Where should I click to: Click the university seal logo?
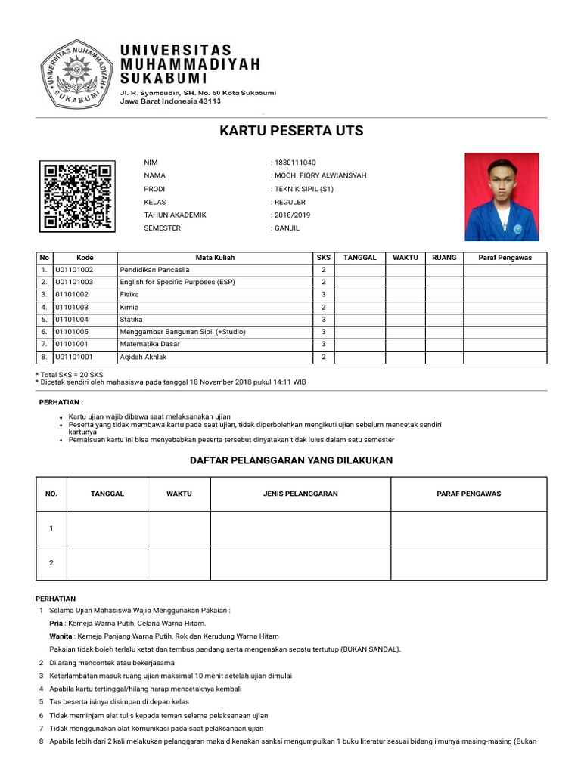pyautogui.click(x=76, y=73)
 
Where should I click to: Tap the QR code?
pyautogui.click(x=77, y=196)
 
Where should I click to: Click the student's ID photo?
pyautogui.click(x=501, y=197)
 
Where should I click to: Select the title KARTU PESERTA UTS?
pyautogui.click(x=291, y=131)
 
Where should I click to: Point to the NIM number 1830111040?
pyautogui.click(x=296, y=163)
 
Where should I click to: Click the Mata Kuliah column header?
pyautogui.click(x=215, y=258)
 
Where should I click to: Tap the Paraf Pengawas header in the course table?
pyautogui.click(x=505, y=258)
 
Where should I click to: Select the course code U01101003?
pyautogui.click(x=74, y=282)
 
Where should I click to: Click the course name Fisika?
pyautogui.click(x=129, y=295)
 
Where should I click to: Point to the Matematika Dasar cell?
pyautogui.click(x=150, y=344)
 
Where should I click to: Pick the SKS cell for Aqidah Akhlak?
pyautogui.click(x=323, y=357)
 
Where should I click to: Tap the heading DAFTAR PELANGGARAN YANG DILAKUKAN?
pyautogui.click(x=291, y=460)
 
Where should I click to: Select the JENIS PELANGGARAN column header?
pyautogui.click(x=300, y=494)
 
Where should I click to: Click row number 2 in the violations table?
pyautogui.click(x=51, y=563)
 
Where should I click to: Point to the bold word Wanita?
pyautogui.click(x=61, y=636)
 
